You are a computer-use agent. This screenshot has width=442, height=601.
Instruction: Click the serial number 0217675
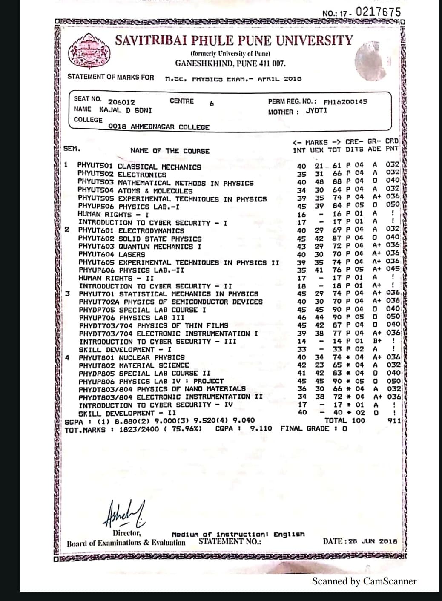click(x=378, y=12)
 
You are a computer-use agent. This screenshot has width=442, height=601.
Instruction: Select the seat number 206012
click(x=121, y=102)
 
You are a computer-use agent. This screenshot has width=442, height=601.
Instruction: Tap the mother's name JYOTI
click(x=316, y=111)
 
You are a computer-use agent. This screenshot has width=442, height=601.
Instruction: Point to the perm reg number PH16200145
click(x=345, y=102)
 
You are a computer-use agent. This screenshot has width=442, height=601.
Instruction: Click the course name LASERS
click(x=132, y=254)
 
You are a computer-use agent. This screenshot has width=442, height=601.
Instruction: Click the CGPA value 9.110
click(x=261, y=428)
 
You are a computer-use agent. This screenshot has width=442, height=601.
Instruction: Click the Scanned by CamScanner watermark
click(x=364, y=581)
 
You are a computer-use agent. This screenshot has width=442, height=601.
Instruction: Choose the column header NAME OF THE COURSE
click(x=170, y=151)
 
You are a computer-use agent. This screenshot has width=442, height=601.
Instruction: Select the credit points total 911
click(x=394, y=421)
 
